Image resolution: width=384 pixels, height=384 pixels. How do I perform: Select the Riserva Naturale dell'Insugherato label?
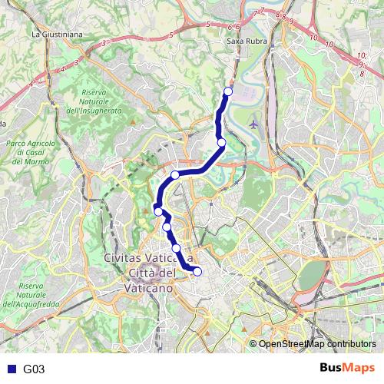[101, 101]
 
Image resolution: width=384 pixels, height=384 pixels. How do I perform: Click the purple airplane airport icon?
[254, 123]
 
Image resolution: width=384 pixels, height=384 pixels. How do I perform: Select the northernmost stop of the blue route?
[227, 92]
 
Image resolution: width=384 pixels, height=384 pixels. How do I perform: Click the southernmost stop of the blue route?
[197, 271]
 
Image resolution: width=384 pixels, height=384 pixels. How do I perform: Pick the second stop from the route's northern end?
[221, 142]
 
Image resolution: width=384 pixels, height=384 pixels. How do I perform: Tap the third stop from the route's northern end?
[175, 175]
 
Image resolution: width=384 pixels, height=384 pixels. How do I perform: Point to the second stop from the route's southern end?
[177, 248]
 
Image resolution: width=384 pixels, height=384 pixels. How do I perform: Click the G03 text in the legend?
[34, 369]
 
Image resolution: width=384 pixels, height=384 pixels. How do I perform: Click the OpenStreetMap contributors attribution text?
[317, 344]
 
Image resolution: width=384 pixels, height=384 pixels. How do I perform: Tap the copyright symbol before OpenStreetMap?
[253, 344]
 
